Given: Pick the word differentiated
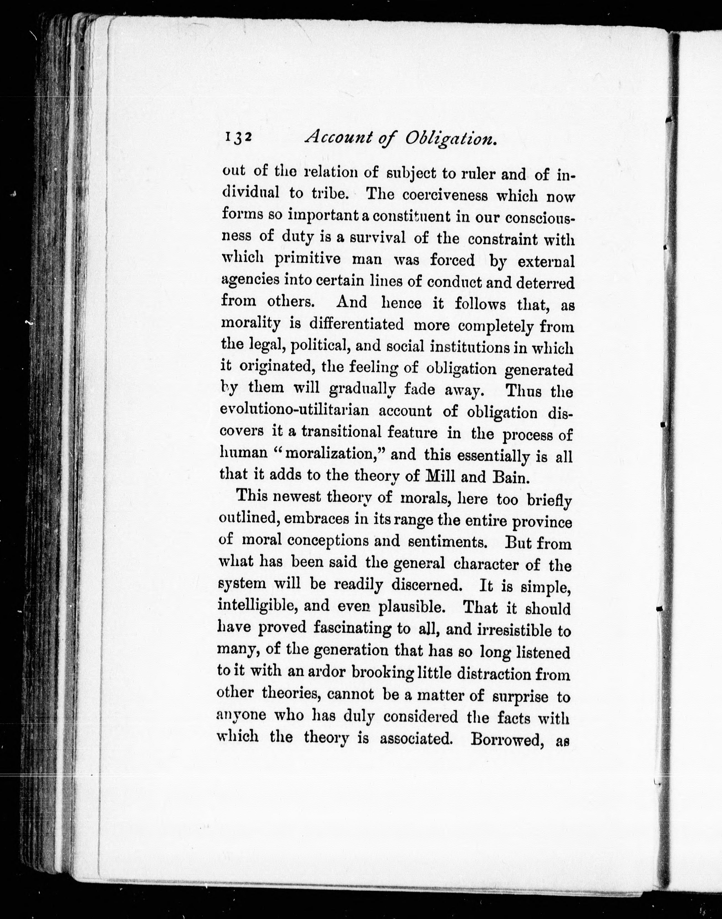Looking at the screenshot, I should pyautogui.click(x=356, y=324).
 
